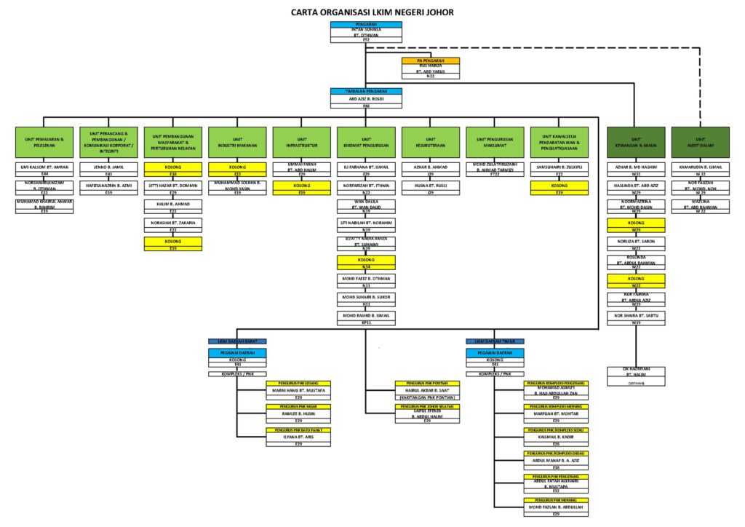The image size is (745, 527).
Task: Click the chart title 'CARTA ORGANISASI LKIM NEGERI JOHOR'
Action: pyautogui.click(x=372, y=12)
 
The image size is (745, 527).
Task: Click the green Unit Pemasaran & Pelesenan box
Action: pyautogui.click(x=44, y=141)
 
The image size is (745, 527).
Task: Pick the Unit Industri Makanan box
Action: pyautogui.click(x=237, y=141)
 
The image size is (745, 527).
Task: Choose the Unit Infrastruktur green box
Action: pyautogui.click(x=301, y=141)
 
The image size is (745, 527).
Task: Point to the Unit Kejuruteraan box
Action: pyautogui.click(x=430, y=141)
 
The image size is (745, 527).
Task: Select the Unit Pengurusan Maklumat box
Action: pyautogui.click(x=495, y=141)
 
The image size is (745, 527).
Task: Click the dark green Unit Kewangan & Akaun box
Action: pyautogui.click(x=635, y=141)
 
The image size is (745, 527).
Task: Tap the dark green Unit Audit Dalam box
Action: pyautogui.click(x=700, y=141)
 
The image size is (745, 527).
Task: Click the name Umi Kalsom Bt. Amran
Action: pyautogui.click(x=44, y=167)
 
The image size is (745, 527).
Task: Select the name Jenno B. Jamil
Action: pyautogui.click(x=108, y=167)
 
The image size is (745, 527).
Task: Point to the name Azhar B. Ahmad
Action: pyautogui.click(x=430, y=167)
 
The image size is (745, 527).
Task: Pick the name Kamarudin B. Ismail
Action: pyautogui.click(x=700, y=167)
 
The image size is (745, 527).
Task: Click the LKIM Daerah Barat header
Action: pyautogui.click(x=237, y=341)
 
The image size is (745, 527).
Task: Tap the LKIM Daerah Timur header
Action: pyautogui.click(x=495, y=341)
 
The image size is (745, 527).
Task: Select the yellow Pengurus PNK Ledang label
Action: pyautogui.click(x=298, y=383)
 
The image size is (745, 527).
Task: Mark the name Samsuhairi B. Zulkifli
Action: pyautogui.click(x=559, y=167)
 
